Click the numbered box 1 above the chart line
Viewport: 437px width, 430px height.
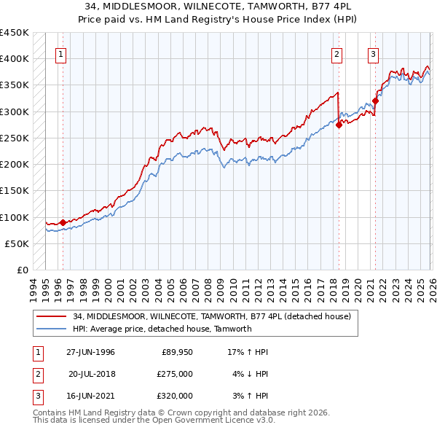[x=61, y=53]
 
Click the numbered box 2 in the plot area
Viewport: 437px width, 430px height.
[x=337, y=53]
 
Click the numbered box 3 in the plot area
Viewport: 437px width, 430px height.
[x=373, y=53]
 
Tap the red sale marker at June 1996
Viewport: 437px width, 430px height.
[x=63, y=222]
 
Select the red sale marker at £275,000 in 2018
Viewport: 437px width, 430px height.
[x=339, y=125]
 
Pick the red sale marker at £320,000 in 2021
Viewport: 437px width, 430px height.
[x=376, y=101]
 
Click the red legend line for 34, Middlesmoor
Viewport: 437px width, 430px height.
[x=52, y=317]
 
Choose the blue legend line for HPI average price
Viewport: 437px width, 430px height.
[x=52, y=329]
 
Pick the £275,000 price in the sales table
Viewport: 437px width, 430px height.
[x=175, y=374]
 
